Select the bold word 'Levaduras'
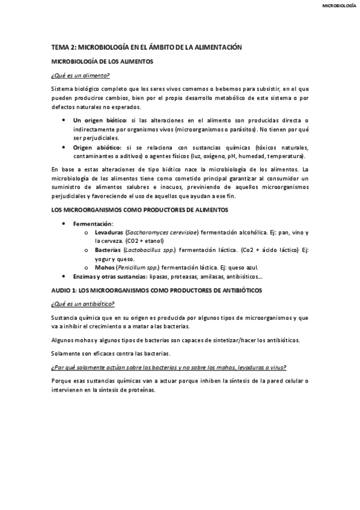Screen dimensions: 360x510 109,232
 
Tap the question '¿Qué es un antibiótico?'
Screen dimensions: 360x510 83,304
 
